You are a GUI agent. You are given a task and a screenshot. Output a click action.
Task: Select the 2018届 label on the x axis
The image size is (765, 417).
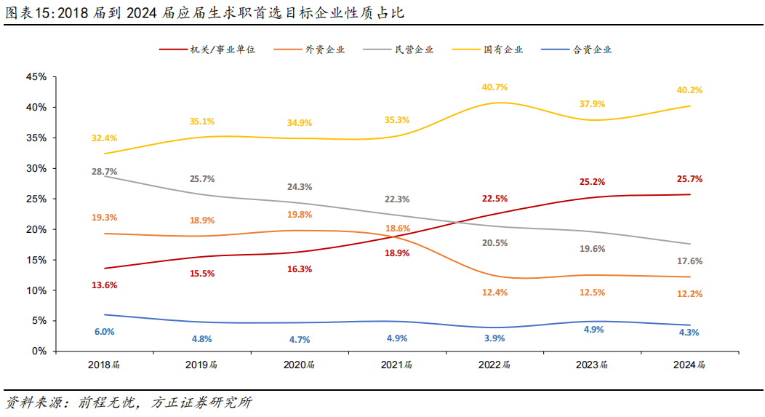(x=104, y=365)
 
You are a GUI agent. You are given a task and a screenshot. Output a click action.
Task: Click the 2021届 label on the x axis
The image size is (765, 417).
(x=397, y=365)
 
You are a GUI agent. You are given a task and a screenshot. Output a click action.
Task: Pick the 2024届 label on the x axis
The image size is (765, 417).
(x=689, y=365)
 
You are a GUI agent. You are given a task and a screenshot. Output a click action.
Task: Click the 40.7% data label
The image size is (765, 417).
(x=494, y=87)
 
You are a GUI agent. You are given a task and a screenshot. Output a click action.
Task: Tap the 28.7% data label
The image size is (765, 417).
(x=105, y=172)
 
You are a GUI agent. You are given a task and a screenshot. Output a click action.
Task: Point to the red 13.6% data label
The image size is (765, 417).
(x=105, y=285)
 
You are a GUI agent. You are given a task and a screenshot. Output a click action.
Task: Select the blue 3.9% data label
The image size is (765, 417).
(x=494, y=338)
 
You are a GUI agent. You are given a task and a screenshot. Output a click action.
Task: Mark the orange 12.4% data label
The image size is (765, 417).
(x=494, y=293)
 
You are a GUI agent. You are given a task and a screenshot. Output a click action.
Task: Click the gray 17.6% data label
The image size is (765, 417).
(x=689, y=261)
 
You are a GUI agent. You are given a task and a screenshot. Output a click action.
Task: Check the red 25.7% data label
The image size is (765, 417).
(x=689, y=179)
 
